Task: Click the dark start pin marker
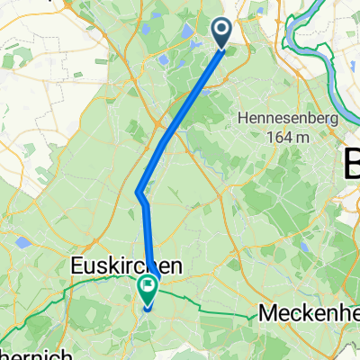[221, 34]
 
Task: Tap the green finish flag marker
[146, 289]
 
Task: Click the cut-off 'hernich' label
[36, 354]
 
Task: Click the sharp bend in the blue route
[139, 192]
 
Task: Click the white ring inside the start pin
[221, 31]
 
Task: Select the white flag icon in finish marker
[146, 286]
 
